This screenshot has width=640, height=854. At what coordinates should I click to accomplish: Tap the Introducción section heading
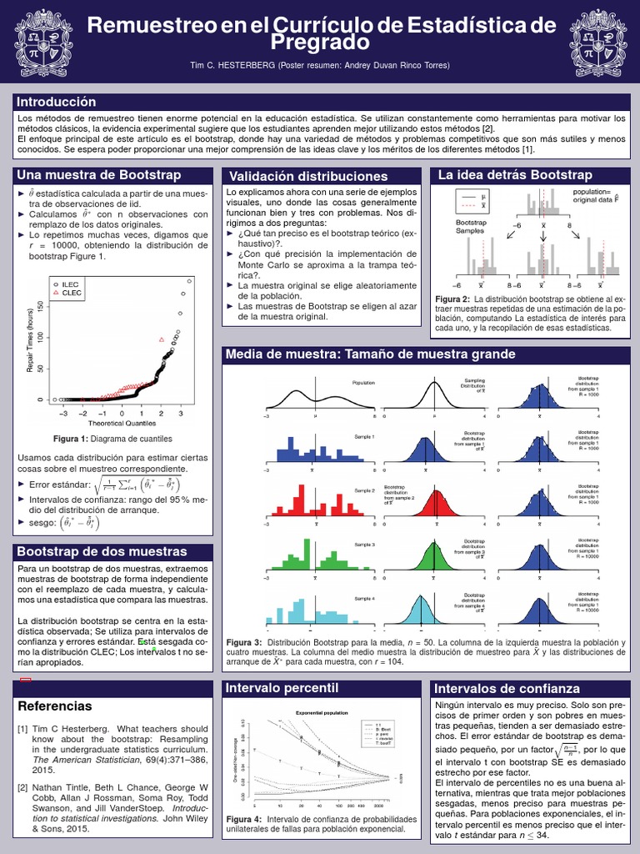pos(57,102)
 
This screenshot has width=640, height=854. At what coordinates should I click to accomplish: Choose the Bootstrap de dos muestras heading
pos(102,552)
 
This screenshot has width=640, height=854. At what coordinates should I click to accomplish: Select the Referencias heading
pos(55,706)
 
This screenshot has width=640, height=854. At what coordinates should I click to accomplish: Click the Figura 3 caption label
pos(244,641)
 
